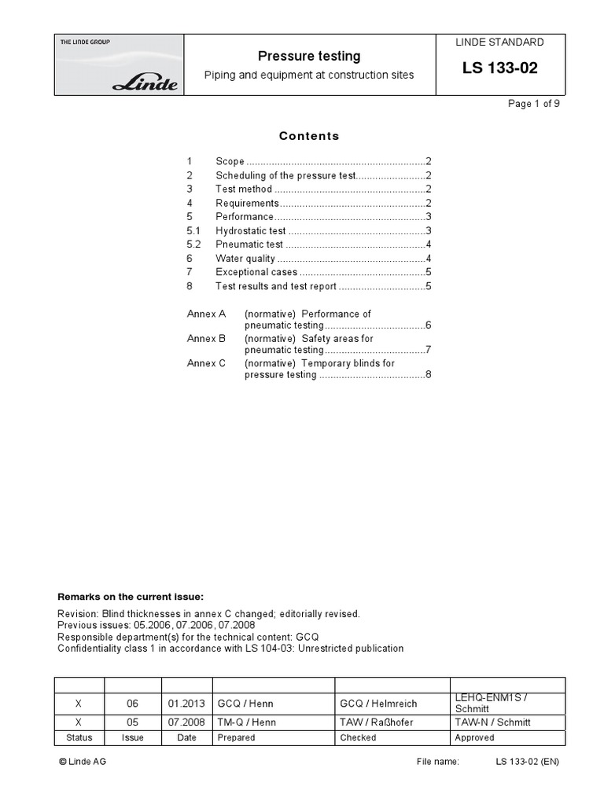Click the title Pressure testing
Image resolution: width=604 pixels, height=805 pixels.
pyautogui.click(x=309, y=56)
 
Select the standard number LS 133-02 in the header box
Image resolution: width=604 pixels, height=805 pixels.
pyautogui.click(x=499, y=68)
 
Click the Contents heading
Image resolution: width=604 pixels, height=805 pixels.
pyautogui.click(x=309, y=136)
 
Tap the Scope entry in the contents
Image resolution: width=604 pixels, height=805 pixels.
pyautogui.click(x=230, y=161)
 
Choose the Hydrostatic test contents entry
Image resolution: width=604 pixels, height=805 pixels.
pyautogui.click(x=250, y=231)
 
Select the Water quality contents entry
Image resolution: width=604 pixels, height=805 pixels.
pyautogui.click(x=245, y=259)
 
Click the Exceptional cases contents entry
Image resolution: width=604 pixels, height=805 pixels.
pyautogui.click(x=256, y=272)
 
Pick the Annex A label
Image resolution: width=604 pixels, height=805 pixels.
pyautogui.click(x=206, y=314)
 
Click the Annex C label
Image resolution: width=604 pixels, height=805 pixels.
pyautogui.click(x=206, y=363)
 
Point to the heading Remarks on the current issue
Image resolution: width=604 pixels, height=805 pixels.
pyautogui.click(x=131, y=597)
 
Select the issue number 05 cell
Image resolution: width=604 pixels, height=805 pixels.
pyautogui.click(x=132, y=722)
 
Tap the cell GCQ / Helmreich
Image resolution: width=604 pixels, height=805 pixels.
pyautogui.click(x=378, y=704)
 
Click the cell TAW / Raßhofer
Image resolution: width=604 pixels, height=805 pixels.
pyautogui.click(x=376, y=722)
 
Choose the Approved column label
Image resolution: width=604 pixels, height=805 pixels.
pyautogui.click(x=474, y=737)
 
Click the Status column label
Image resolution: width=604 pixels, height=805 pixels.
pyautogui.click(x=79, y=737)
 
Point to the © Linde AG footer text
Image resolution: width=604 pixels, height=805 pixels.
pyautogui.click(x=83, y=762)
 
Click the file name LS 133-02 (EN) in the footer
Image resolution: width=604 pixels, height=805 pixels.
pyautogui.click(x=527, y=762)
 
